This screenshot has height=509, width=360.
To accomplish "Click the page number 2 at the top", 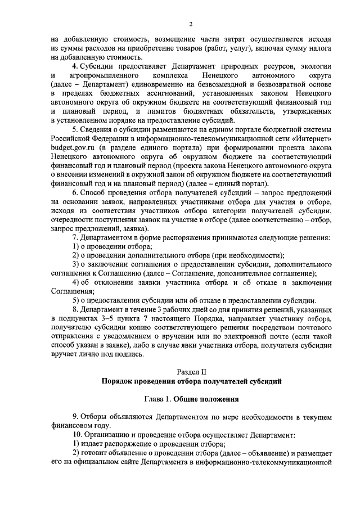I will coord(191,23).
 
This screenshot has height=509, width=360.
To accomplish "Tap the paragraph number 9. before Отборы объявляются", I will coord(76,417).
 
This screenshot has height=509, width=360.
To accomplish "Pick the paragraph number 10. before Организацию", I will coord(78,435).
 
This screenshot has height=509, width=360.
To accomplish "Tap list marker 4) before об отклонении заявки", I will coord(78,282).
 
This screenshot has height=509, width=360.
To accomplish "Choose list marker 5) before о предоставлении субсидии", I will coord(78,300).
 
